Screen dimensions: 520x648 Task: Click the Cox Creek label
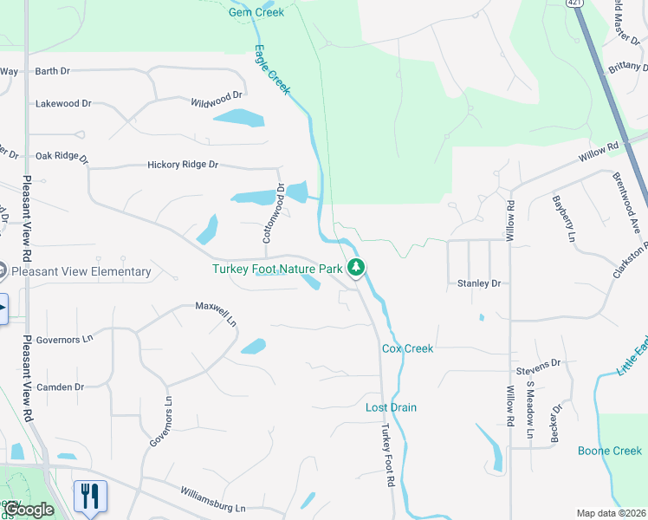(407, 348)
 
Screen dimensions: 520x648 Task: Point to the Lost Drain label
(391, 407)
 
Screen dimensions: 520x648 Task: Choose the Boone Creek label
(610, 451)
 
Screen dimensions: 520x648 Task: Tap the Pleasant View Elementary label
(76, 271)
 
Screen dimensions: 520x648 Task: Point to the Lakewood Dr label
(63, 103)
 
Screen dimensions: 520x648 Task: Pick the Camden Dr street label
(60, 387)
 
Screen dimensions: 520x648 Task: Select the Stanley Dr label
(479, 283)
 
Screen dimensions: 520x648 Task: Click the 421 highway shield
(574, 3)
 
